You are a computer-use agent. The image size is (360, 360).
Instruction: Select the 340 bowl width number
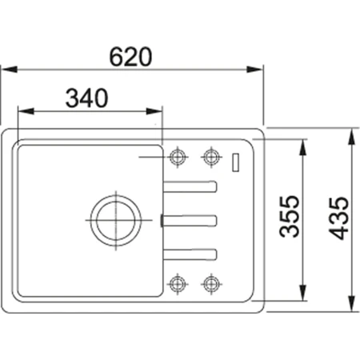click(86, 98)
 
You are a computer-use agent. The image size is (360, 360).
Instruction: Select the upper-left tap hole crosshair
click(178, 155)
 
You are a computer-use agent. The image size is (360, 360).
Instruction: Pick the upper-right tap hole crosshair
click(211, 155)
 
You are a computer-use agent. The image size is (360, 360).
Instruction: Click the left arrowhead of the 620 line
click(5, 70)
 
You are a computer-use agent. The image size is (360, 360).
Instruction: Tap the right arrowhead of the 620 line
click(258, 70)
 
